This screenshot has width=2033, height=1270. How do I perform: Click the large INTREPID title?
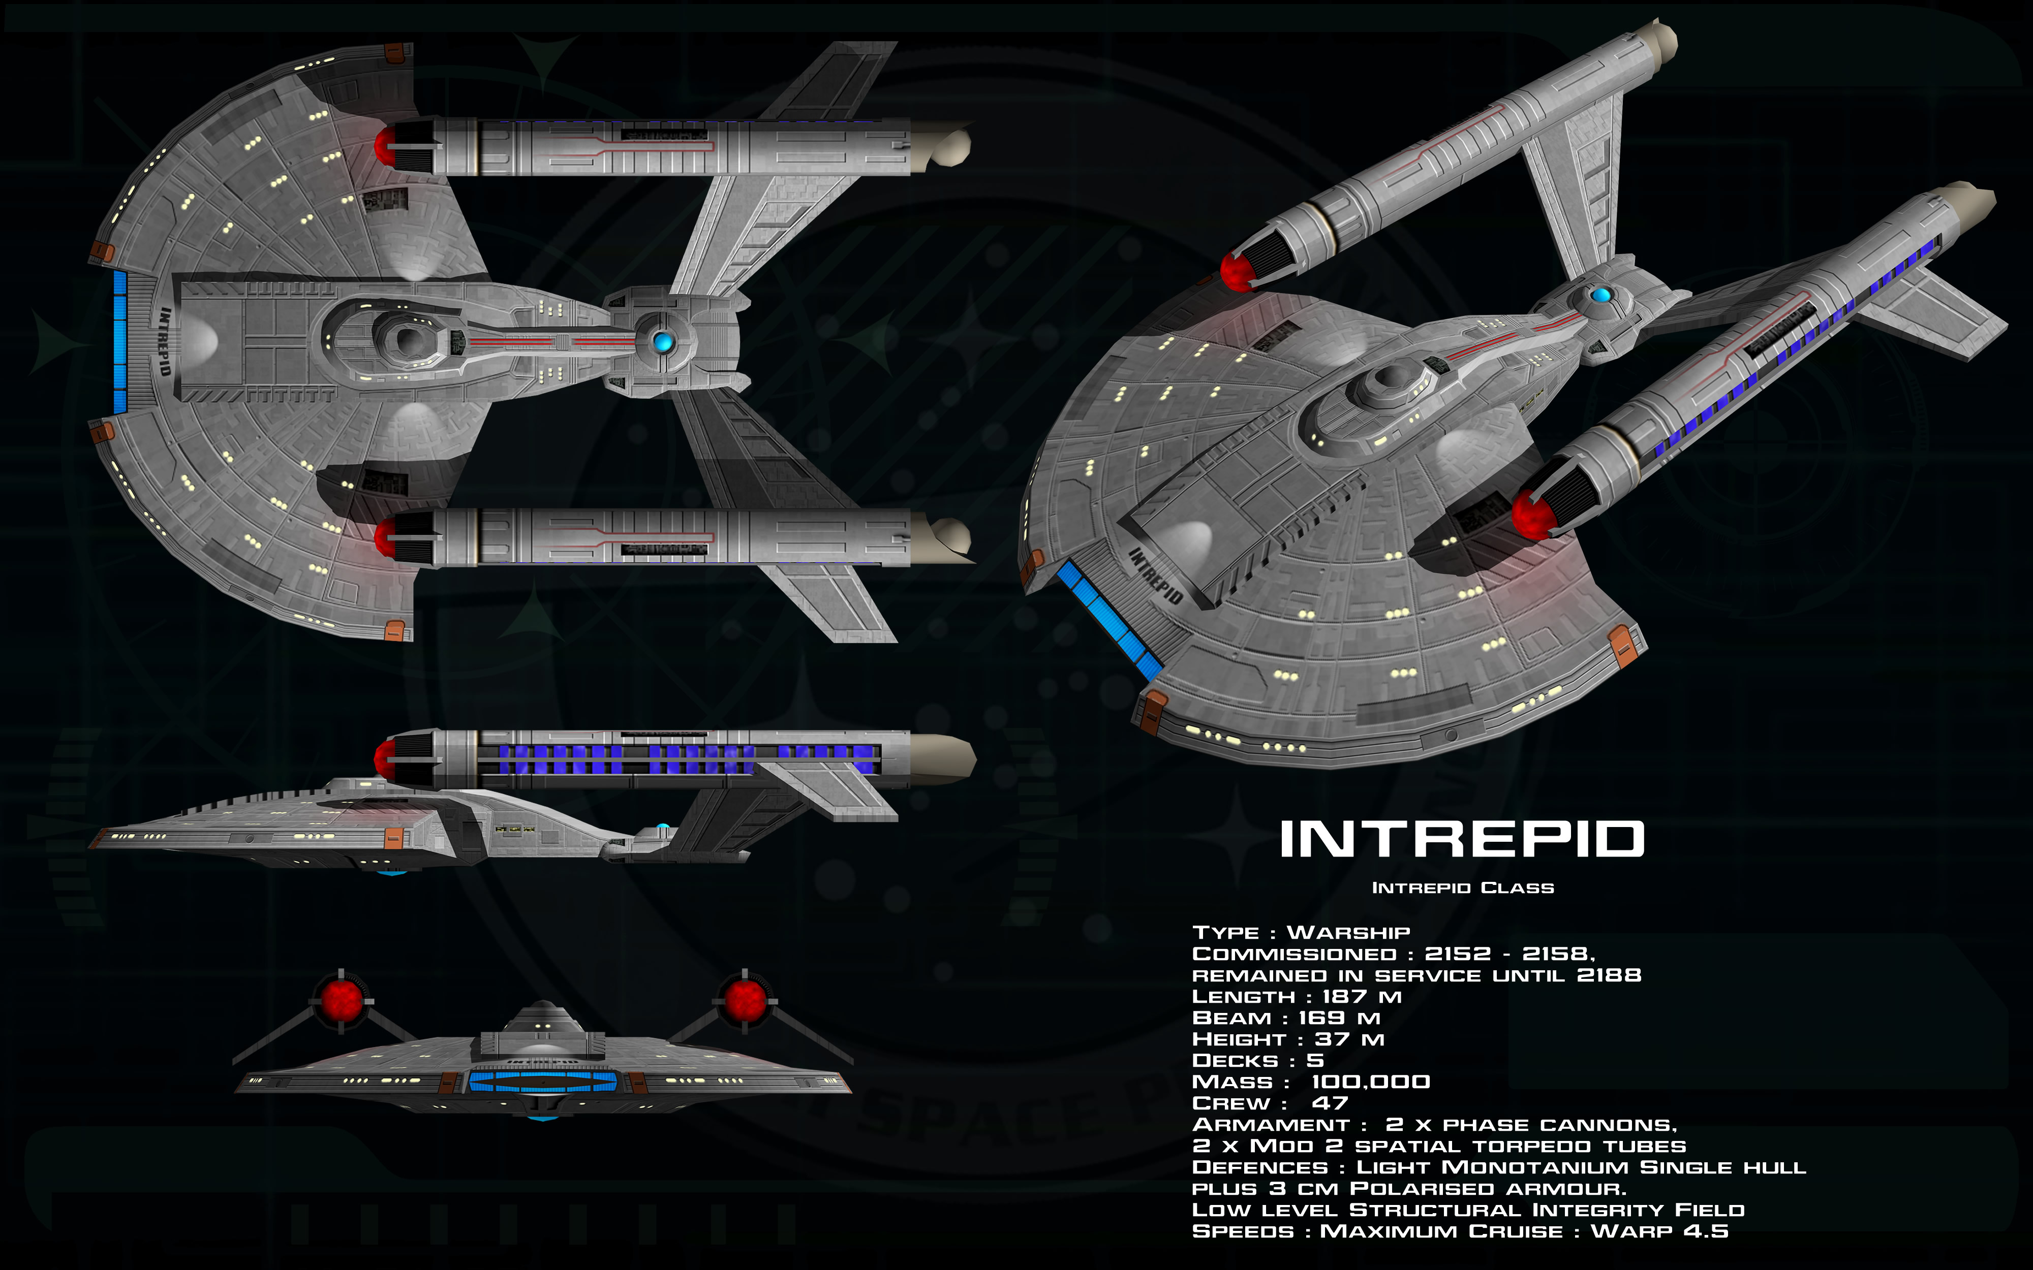point(1462,839)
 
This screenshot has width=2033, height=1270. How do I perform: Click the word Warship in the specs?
point(1348,932)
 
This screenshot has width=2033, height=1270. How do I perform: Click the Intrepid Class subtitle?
point(1463,888)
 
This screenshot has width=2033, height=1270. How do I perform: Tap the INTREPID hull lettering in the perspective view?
point(1155,576)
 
